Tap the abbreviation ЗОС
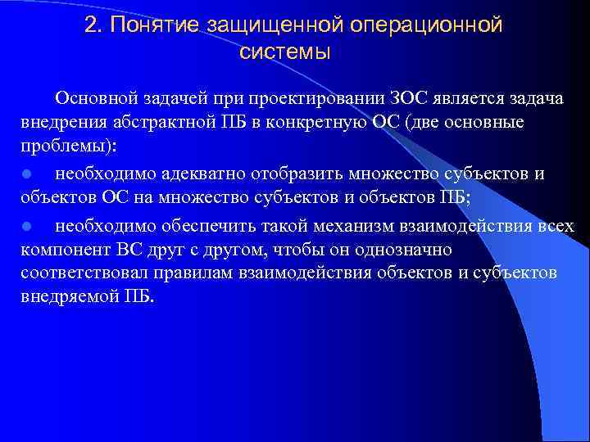click(x=388, y=100)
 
